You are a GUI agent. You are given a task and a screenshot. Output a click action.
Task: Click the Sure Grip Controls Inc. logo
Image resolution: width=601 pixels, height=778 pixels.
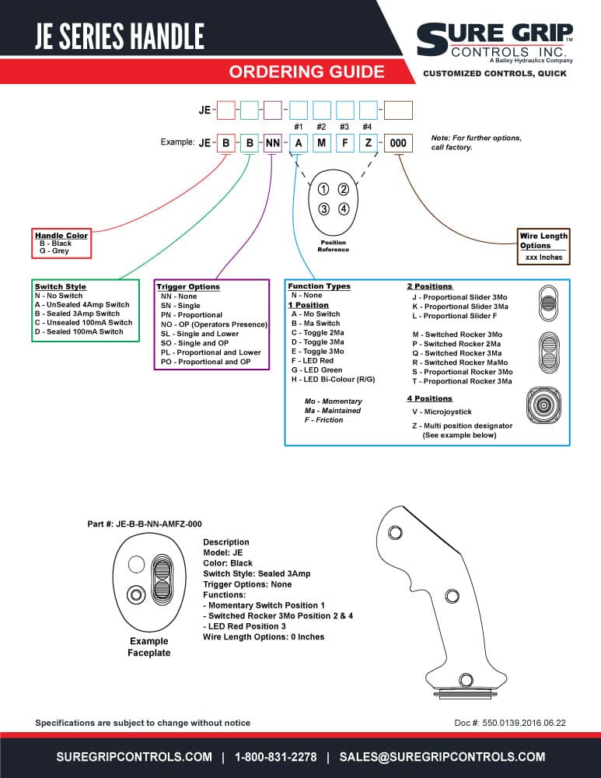[x=494, y=43]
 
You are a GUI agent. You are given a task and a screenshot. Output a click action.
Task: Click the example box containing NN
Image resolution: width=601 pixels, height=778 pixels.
[x=273, y=143]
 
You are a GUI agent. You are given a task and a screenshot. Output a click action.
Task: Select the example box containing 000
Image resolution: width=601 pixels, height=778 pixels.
[x=398, y=143]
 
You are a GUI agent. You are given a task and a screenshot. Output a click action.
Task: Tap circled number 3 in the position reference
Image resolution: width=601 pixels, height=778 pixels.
[x=323, y=209]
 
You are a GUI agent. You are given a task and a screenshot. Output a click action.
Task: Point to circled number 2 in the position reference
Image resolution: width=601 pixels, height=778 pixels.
[x=343, y=189]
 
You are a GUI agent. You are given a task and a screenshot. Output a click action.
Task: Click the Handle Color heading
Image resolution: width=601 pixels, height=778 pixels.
[x=61, y=235]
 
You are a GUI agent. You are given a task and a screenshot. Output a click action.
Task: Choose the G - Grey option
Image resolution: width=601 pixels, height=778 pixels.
[x=54, y=251]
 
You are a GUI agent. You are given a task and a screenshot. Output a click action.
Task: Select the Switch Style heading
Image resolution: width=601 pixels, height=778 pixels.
[x=61, y=286]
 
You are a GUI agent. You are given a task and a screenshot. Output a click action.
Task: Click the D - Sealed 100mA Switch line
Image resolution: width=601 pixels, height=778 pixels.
[x=79, y=331]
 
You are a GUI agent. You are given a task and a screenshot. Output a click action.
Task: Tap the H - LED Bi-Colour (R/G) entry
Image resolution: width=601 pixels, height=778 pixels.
[x=334, y=380]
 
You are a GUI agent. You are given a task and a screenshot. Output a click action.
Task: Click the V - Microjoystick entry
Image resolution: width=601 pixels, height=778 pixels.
[x=442, y=412]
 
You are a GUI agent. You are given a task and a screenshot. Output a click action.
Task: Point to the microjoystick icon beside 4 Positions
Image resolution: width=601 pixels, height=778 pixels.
[x=543, y=405]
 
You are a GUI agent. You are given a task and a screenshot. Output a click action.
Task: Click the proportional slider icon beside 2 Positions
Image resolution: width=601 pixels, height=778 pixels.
[x=548, y=303]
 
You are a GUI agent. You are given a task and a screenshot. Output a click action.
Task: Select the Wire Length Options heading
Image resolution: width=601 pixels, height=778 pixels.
[x=543, y=240]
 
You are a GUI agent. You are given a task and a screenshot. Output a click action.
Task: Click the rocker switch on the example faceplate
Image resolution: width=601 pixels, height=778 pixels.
[x=161, y=580]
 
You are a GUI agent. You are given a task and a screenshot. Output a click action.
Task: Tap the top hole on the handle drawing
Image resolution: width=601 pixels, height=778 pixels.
[x=395, y=533]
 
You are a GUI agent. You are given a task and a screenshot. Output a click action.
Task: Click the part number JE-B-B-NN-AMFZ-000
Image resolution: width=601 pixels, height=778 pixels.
[x=159, y=524]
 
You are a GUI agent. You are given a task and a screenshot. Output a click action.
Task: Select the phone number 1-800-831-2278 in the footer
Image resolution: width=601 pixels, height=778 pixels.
[x=276, y=757]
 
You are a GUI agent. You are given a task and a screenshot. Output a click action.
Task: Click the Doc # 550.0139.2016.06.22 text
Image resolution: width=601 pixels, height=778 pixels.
[x=510, y=723]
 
